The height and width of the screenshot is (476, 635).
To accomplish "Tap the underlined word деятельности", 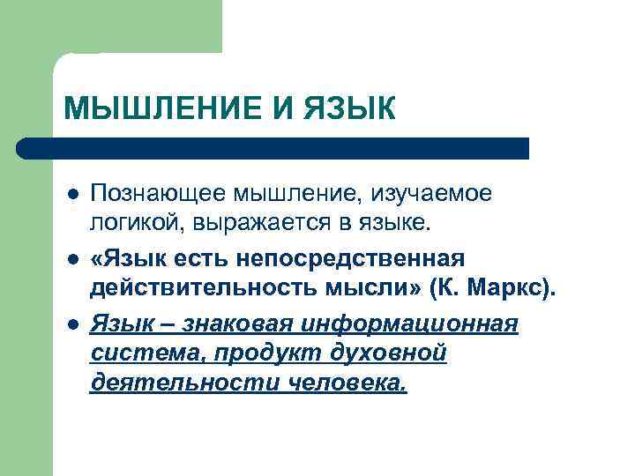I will [164, 384].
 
